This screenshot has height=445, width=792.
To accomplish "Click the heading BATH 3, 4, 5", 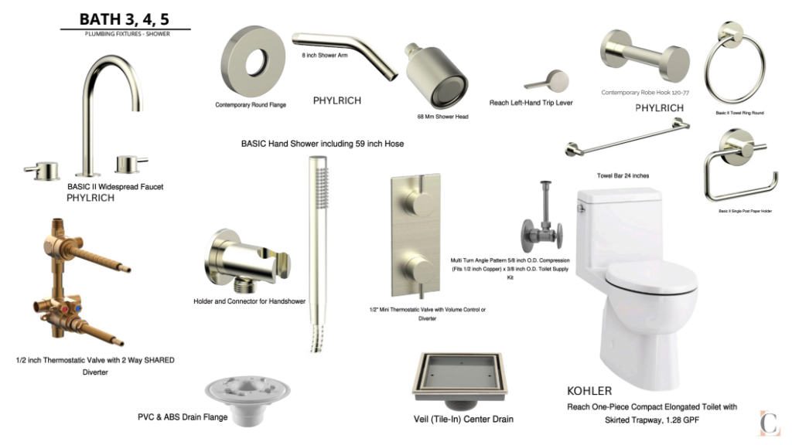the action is point(125,19).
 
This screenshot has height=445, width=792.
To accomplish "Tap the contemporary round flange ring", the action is point(237,62).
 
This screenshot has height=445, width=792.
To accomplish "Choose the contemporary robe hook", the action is point(645,55).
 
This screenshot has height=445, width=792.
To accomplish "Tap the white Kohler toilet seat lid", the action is point(651,277).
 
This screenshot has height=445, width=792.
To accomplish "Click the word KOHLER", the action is point(589,391).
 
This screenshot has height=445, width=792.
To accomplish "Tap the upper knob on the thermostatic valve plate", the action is point(418,205).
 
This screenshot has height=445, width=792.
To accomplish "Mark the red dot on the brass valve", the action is point(65,308).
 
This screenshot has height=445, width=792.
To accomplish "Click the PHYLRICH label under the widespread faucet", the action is point(90,198).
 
